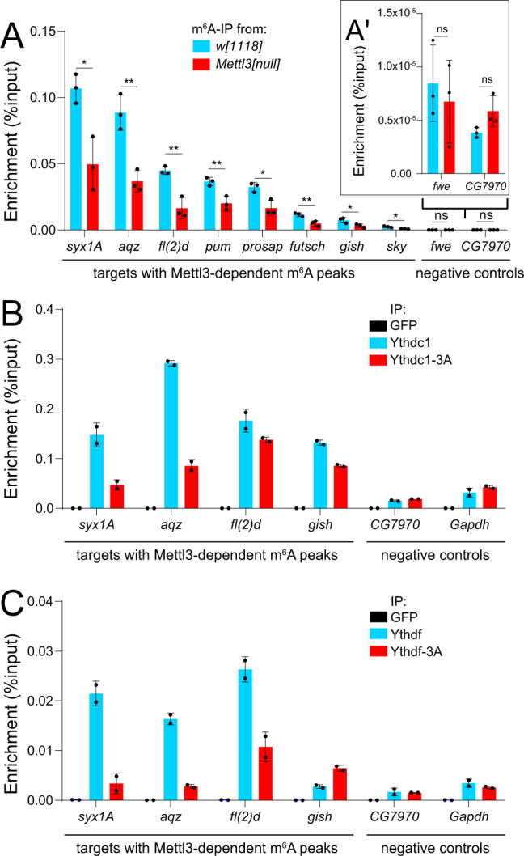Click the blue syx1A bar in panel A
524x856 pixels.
(x=76, y=159)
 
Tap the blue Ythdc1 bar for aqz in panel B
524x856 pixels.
(x=171, y=435)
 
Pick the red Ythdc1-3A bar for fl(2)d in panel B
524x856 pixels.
(x=266, y=474)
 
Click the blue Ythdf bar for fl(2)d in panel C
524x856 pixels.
(x=245, y=735)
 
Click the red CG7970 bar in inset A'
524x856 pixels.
(x=493, y=142)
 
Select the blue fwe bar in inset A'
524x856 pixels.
(x=433, y=129)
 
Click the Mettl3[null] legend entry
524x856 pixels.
(x=237, y=64)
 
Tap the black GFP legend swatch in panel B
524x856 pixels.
(x=378, y=326)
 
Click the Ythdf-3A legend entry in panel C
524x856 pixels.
(x=406, y=651)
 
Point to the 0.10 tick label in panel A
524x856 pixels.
(x=42, y=97)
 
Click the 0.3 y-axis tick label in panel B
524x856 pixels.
(x=44, y=359)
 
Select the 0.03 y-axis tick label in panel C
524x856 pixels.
(x=40, y=651)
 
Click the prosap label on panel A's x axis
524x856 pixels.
(x=263, y=247)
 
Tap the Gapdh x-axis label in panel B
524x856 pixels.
(x=469, y=524)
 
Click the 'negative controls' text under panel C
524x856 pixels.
(x=435, y=848)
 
